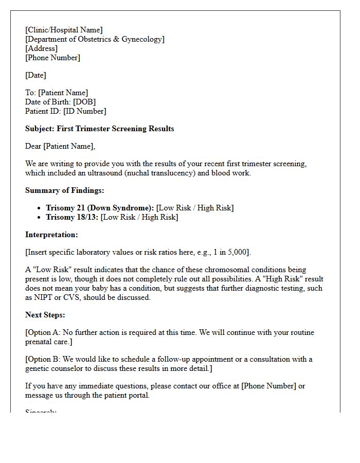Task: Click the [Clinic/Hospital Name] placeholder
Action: (64, 30)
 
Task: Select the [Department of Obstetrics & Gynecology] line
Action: (95, 39)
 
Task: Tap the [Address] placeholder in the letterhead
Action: (41, 48)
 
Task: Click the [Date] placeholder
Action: (35, 75)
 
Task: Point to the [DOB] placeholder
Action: (84, 102)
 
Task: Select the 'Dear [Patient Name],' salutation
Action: (60, 146)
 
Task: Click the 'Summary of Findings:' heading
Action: (64, 190)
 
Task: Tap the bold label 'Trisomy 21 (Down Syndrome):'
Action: (100, 208)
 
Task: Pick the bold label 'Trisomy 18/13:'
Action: (72, 217)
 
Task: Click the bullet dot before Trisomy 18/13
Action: (40, 218)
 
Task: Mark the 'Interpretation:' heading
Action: (51, 235)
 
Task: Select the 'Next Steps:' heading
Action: (45, 315)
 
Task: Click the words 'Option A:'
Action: (44, 332)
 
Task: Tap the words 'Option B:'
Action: (44, 359)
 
